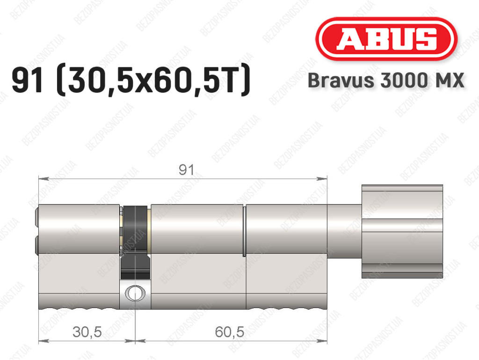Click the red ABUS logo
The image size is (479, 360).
click(386, 39)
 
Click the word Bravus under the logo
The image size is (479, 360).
click(341, 81)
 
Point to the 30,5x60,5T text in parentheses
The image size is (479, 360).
click(153, 80)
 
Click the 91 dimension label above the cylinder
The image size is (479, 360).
click(186, 170)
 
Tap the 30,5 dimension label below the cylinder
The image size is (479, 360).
click(87, 332)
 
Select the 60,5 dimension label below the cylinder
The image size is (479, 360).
click(229, 332)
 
